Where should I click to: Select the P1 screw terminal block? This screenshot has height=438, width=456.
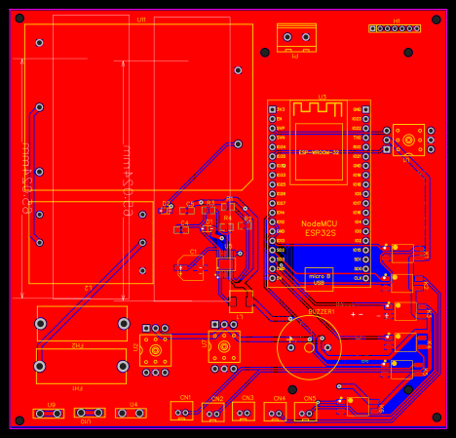click(x=297, y=38)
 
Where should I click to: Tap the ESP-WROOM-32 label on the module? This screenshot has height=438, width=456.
click(x=319, y=153)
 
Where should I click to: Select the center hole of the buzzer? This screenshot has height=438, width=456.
click(x=309, y=344)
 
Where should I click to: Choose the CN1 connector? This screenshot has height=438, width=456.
click(x=184, y=412)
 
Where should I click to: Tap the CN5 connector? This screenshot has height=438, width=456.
click(x=306, y=412)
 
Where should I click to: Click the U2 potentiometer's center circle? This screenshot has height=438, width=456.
click(x=156, y=347)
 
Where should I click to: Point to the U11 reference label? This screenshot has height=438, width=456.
click(x=141, y=20)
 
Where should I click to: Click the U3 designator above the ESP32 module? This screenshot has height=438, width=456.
click(x=322, y=98)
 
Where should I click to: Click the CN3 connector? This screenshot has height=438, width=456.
click(x=246, y=412)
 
